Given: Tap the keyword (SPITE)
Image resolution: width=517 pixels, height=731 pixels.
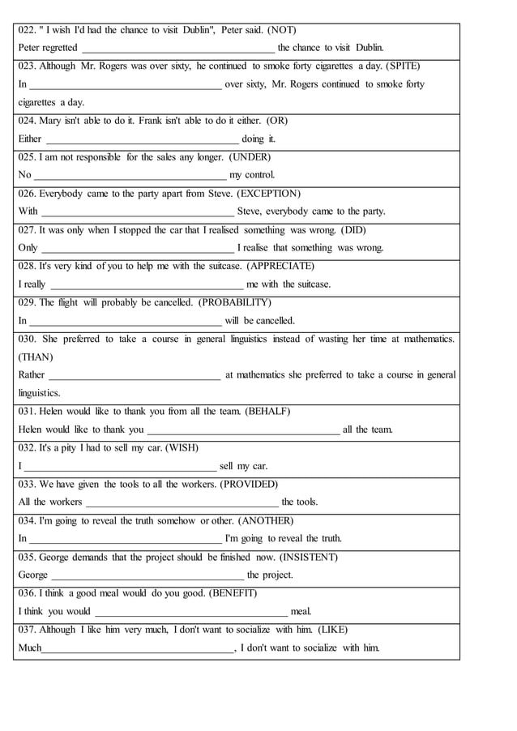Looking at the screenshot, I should point(403,66).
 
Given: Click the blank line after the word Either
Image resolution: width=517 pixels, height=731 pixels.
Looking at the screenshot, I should point(143,139).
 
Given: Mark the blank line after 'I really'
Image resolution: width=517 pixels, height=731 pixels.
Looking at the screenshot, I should point(147,284).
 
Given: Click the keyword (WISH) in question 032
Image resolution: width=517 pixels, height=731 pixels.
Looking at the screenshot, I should point(182,447).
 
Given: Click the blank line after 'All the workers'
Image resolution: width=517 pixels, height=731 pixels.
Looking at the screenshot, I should point(182,502).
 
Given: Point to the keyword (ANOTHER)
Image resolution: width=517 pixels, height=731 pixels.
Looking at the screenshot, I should point(266,520).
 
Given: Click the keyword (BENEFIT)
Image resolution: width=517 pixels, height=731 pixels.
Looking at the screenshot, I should point(233,593).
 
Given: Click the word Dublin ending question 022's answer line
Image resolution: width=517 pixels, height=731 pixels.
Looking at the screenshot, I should point(370,48).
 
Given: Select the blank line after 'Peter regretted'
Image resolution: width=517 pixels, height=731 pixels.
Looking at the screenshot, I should point(177,49).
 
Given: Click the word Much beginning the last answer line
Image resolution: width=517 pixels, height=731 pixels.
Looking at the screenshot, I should point(30,648).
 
